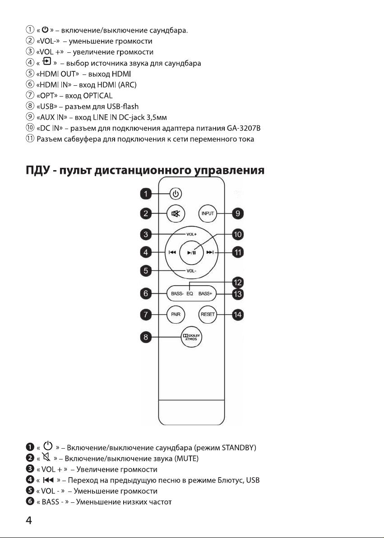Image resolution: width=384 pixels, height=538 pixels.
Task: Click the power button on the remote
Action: coord(176,194)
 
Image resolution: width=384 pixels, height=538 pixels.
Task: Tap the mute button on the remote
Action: coord(176,214)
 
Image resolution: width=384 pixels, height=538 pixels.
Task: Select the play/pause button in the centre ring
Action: coord(191,253)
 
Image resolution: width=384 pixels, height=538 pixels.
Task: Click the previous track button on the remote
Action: coord(172,253)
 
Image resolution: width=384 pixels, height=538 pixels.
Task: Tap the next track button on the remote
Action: coord(210,253)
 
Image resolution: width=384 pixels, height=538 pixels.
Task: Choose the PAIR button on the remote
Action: coord(176,314)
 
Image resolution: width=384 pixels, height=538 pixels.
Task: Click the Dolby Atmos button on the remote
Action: coord(191,337)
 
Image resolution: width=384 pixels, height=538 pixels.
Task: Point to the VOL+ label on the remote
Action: coord(191,234)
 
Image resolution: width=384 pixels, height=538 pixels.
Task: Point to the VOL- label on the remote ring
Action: coord(191,271)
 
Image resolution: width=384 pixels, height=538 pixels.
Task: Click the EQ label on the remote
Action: coord(190,294)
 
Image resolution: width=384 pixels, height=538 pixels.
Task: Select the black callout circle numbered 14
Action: coord(237,314)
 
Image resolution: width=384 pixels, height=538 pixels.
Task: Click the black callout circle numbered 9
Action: coord(237,214)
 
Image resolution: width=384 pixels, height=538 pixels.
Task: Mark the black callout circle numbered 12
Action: coord(237,283)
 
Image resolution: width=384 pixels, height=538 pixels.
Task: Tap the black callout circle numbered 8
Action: coord(146,337)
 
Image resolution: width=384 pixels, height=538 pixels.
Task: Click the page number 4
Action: coord(29,520)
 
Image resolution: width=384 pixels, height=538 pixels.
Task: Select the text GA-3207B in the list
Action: coord(244,128)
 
